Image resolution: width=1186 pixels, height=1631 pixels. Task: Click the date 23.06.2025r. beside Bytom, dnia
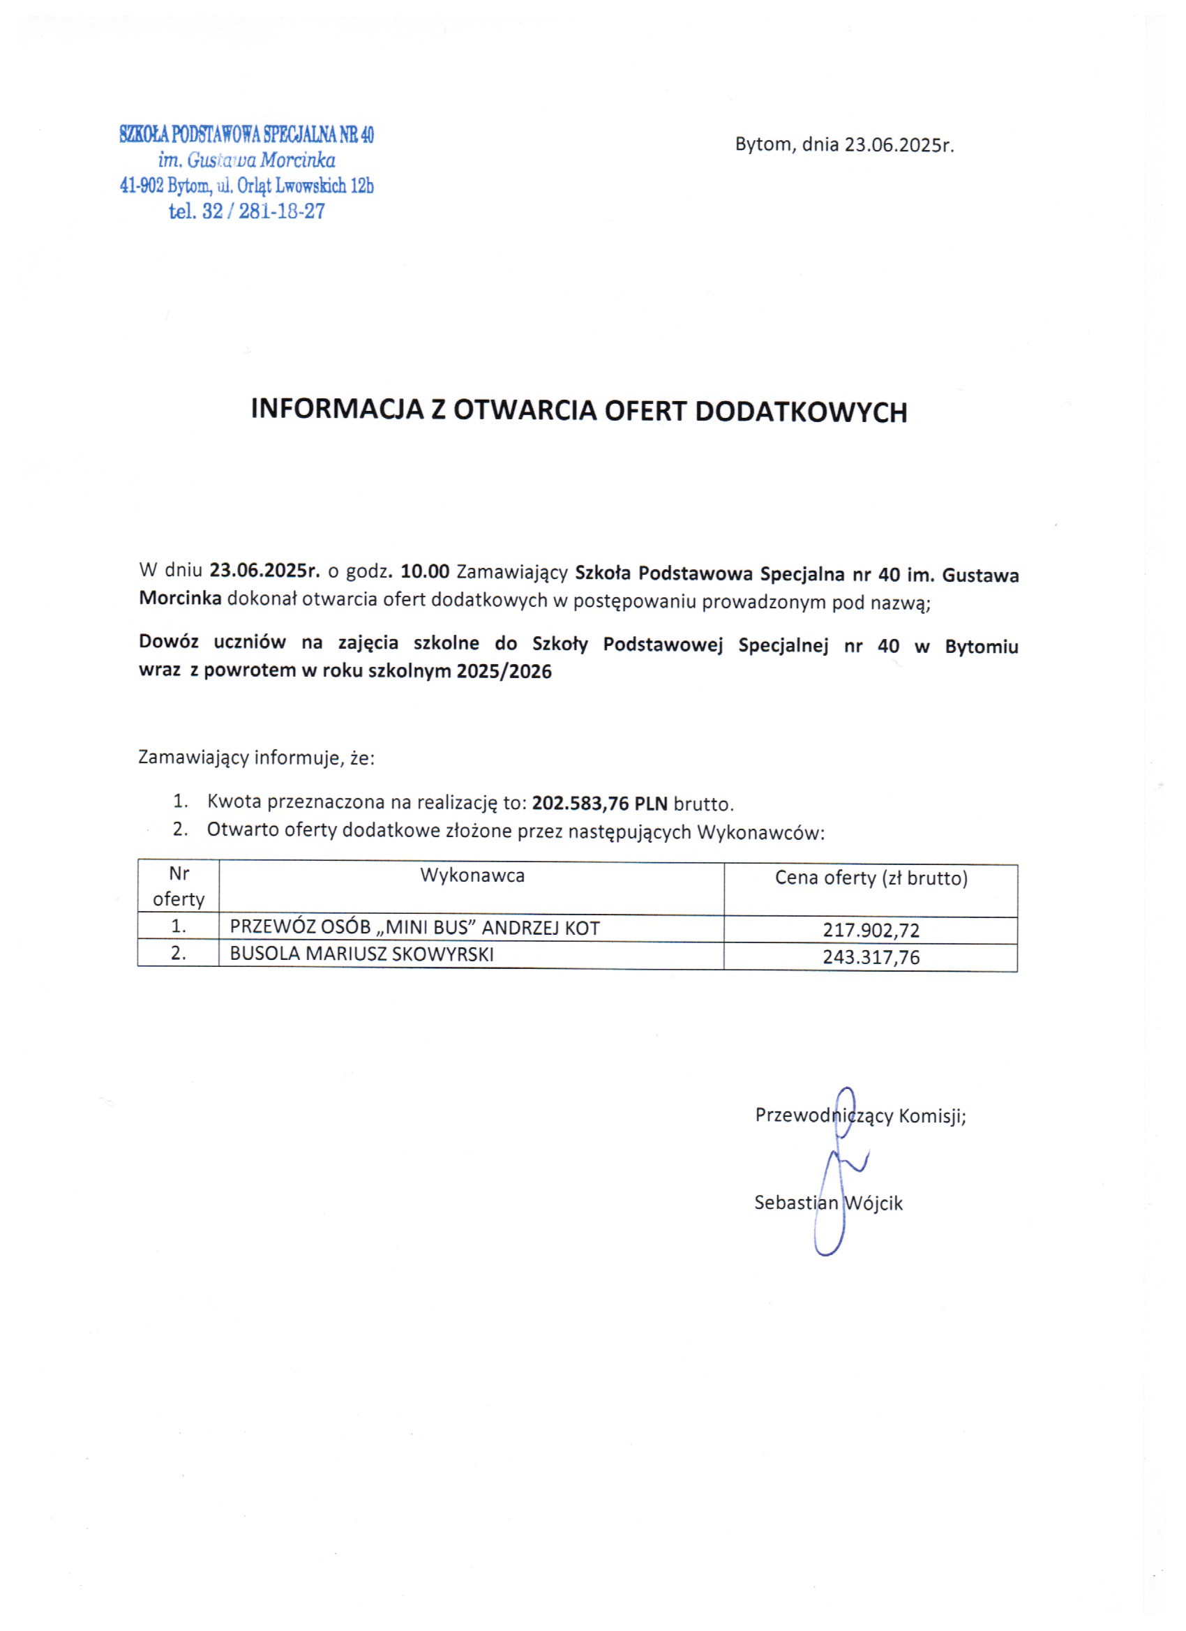point(899,145)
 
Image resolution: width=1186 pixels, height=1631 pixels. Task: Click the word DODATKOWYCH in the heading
point(801,412)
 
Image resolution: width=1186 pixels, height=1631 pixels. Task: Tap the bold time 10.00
point(424,572)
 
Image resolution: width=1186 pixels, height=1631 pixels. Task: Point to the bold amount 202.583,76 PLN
point(600,803)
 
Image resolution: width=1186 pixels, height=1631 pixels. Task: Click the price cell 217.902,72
point(871,931)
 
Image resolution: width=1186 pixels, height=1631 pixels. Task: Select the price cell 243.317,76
point(871,957)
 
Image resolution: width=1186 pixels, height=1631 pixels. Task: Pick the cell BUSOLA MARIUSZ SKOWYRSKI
point(362,954)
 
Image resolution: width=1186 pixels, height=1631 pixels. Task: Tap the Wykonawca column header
point(472,876)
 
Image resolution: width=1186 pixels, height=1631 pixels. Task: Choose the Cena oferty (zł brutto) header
point(871,878)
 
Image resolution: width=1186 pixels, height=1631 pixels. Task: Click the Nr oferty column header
point(179,887)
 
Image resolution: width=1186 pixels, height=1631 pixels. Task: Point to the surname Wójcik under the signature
point(874,1203)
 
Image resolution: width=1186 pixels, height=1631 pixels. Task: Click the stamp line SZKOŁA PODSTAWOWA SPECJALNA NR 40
point(247,135)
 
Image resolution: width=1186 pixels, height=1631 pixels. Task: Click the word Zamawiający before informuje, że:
point(193,758)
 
